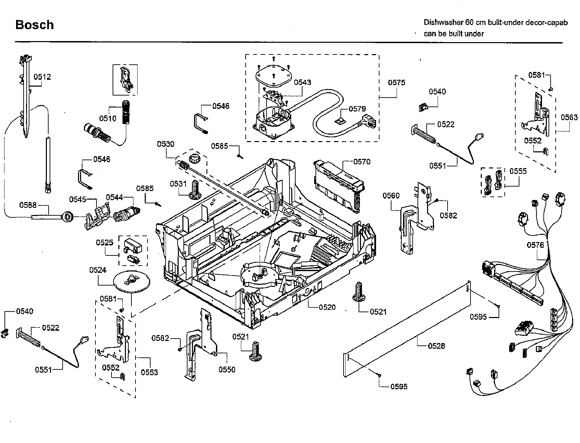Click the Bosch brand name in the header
(x=35, y=25)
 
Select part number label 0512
(x=42, y=77)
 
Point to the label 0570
(x=362, y=162)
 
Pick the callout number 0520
(x=327, y=307)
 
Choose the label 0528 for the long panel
(x=436, y=346)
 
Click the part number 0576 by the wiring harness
(x=535, y=245)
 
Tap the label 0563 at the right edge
(x=569, y=117)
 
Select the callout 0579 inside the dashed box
(x=357, y=109)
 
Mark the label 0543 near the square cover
(x=302, y=82)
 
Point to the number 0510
(x=108, y=118)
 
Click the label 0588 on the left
(x=28, y=205)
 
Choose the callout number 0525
(x=104, y=243)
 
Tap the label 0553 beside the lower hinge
(x=149, y=372)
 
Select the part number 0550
(x=227, y=369)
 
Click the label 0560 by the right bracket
(x=391, y=195)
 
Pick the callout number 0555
(x=518, y=171)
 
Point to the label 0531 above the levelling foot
(x=179, y=184)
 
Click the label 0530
(x=166, y=144)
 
